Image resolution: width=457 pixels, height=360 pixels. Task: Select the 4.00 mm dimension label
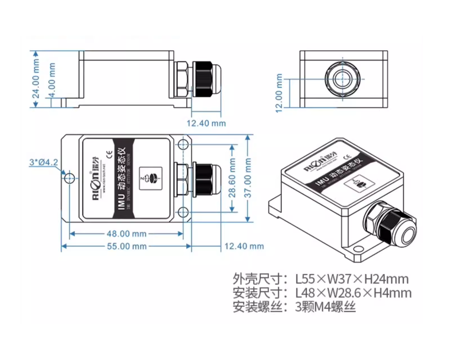coord(52,81)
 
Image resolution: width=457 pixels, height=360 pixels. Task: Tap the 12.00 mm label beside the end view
coord(279,93)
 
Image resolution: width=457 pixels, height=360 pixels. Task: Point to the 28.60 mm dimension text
coord(233,178)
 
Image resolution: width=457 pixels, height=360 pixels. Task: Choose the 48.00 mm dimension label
coord(126,234)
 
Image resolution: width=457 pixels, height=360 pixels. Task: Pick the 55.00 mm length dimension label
coord(126,246)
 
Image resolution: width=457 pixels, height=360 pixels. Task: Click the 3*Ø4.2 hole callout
coord(43,162)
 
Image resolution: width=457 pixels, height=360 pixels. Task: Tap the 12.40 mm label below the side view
coord(206,123)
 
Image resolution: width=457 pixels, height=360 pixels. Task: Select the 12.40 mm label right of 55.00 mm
coord(244,246)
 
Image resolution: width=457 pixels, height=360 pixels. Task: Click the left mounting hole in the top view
coord(69,178)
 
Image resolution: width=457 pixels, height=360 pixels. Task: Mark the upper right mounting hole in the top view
coord(184,144)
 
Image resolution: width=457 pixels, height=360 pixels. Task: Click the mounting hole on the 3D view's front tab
coord(357,249)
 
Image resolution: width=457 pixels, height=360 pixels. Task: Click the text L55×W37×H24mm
coord(352,278)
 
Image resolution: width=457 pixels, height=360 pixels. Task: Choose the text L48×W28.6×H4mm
coord(353,293)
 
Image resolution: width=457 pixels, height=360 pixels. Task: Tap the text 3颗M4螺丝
coord(325,307)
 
